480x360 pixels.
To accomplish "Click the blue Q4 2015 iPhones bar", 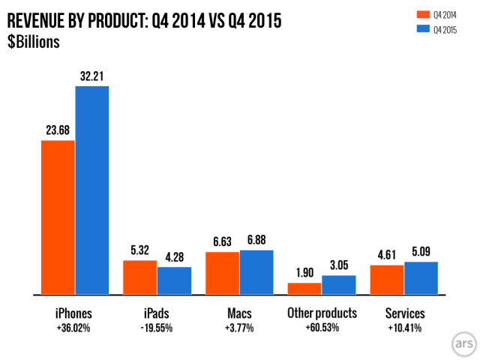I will [x=91, y=190].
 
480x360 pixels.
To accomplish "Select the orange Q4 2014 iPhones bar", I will [x=58, y=217].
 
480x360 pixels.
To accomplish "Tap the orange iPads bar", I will [x=140, y=277].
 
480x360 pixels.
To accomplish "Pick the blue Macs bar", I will [x=256, y=272].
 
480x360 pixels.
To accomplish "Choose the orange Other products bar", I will [x=305, y=289].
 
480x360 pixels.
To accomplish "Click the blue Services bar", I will [x=421, y=278].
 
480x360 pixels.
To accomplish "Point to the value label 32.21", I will [x=92, y=75].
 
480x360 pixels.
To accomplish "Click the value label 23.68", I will [x=58, y=129].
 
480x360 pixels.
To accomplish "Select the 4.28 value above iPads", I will [x=174, y=256].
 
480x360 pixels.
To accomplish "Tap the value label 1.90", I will [x=305, y=271].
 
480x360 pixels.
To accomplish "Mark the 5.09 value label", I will [x=421, y=250].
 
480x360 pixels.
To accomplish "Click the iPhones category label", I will [x=75, y=313].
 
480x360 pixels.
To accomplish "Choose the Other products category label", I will [x=322, y=313].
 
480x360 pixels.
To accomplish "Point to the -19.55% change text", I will [x=157, y=328].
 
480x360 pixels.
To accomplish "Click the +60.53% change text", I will [x=322, y=328].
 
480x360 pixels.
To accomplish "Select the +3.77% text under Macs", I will [x=240, y=328].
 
